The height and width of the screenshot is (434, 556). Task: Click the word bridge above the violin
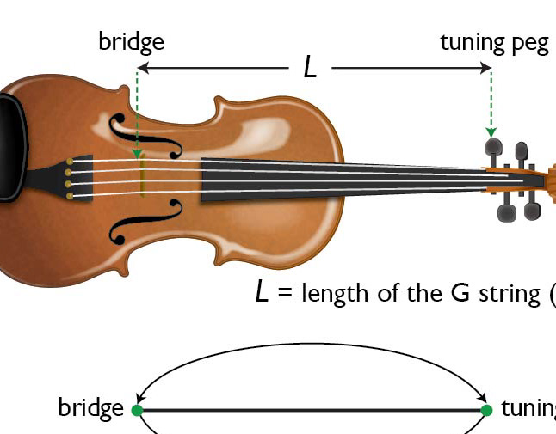coord(131,41)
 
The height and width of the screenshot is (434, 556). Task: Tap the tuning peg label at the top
coord(494,43)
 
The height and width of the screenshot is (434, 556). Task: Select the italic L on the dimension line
coord(311,67)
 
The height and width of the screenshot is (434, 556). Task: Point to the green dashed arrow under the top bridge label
coord(137,112)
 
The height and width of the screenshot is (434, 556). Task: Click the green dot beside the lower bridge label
coord(137,410)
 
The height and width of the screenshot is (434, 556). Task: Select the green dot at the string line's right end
coord(486,410)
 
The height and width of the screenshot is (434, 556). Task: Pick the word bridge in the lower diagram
coord(90,407)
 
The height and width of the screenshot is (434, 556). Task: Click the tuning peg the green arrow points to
coord(493,148)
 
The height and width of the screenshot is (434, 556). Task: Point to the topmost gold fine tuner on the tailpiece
coord(70,161)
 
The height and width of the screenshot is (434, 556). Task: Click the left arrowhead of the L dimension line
coord(143,67)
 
